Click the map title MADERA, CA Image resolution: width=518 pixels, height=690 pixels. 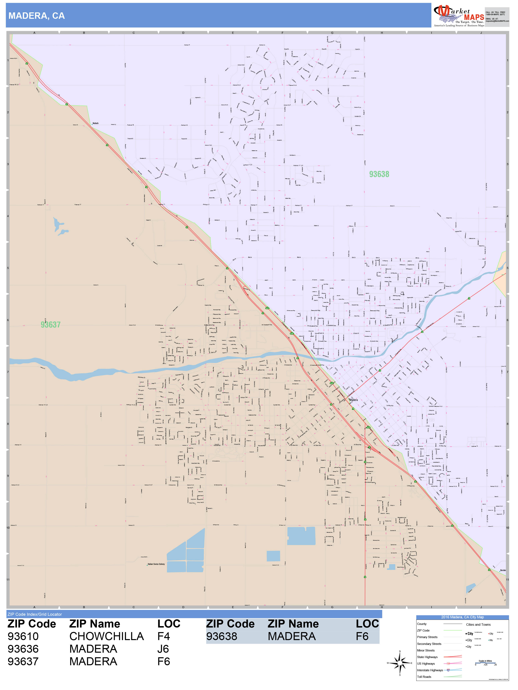click(x=37, y=16)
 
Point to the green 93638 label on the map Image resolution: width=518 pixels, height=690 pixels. click(x=379, y=174)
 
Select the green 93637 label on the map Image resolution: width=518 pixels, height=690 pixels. click(x=51, y=325)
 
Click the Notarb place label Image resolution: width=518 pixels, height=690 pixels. click(x=95, y=123)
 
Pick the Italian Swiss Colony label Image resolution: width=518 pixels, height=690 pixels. click(x=156, y=564)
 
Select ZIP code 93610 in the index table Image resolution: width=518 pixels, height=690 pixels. click(x=23, y=636)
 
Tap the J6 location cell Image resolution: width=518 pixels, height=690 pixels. click(x=163, y=649)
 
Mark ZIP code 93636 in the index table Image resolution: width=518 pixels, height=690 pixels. click(x=23, y=649)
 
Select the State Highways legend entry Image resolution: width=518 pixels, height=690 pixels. click(x=427, y=657)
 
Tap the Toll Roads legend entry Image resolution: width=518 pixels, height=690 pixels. click(x=424, y=677)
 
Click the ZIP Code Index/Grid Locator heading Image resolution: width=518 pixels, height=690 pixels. click(x=35, y=614)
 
